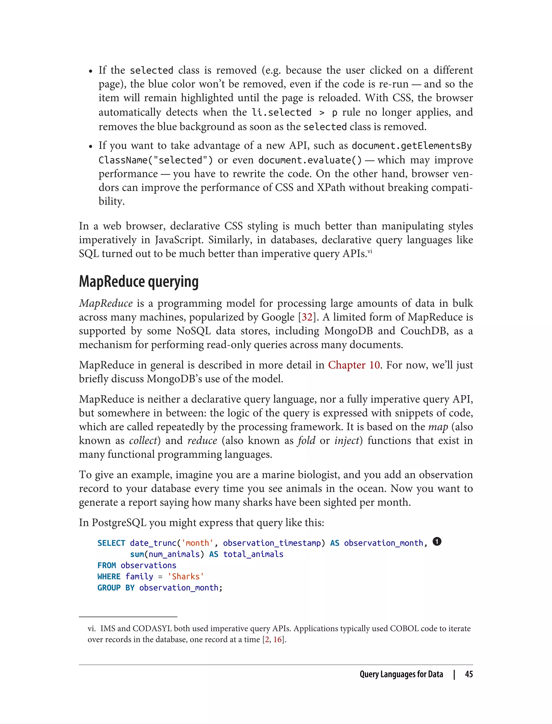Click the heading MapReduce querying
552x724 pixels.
(139, 281)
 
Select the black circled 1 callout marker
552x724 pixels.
(437, 541)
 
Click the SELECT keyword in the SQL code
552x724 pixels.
(111, 543)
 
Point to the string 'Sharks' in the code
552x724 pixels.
(186, 577)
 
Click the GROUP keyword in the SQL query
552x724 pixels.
(109, 588)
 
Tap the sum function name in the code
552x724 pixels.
(137, 554)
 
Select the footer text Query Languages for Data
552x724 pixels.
(401, 674)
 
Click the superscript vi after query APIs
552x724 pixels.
(370, 252)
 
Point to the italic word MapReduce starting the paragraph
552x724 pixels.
(106, 303)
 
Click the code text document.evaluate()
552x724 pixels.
(310, 160)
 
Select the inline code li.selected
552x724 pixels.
(281, 113)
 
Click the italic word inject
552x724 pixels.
(347, 440)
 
